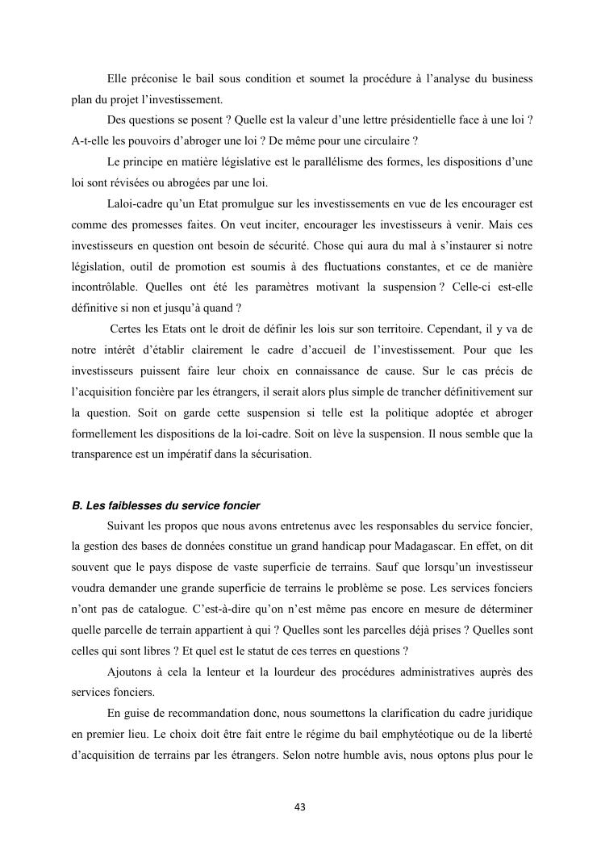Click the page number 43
pos(300,806)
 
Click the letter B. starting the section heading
pos(77,506)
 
